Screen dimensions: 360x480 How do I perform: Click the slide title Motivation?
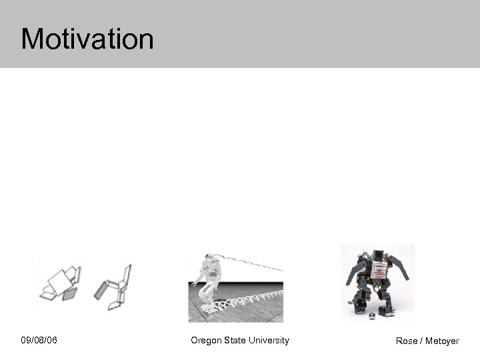click(x=87, y=39)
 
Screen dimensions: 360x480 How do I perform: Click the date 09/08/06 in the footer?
click(x=39, y=341)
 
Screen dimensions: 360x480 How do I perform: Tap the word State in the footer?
click(x=235, y=341)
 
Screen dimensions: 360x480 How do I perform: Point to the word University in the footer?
click(x=269, y=341)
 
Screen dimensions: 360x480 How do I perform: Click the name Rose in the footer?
click(x=407, y=341)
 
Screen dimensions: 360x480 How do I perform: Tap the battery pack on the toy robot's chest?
click(x=379, y=271)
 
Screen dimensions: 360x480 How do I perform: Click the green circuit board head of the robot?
click(x=378, y=254)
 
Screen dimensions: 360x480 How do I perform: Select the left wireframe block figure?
click(x=61, y=283)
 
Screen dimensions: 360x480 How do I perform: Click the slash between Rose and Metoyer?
click(x=421, y=341)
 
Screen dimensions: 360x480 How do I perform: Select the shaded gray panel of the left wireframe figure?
click(x=70, y=293)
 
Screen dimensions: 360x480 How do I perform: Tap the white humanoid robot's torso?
click(x=207, y=273)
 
